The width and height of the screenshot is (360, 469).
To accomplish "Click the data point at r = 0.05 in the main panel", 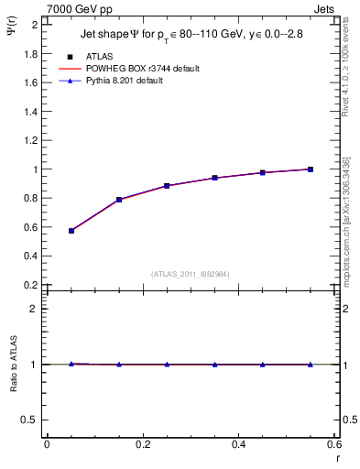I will [x=71, y=231].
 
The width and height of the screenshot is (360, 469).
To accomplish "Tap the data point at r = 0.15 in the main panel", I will [x=119, y=200].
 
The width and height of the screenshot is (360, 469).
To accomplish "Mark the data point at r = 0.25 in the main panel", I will [x=167, y=186].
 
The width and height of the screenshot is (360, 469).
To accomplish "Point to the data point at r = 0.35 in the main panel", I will [x=215, y=178].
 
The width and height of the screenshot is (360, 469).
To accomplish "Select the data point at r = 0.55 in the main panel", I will [x=311, y=169].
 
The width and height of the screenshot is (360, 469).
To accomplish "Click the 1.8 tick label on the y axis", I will [x=30, y=54].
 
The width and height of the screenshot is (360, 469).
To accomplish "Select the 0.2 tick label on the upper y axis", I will [x=30, y=285].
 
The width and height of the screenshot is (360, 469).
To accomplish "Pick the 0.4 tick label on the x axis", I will [x=238, y=444].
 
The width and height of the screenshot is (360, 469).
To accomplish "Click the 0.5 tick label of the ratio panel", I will [x=30, y=420].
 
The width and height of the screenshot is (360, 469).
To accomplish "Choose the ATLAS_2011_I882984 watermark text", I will [x=191, y=273].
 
